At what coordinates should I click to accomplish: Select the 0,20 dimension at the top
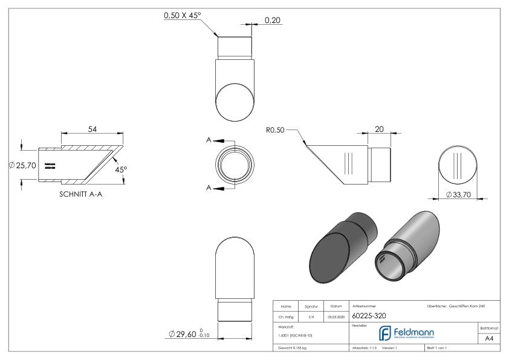pos(273,21)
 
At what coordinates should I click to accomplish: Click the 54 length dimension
pos(92,129)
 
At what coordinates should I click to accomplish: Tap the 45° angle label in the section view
pos(120,170)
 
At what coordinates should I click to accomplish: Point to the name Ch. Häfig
pos(287,316)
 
